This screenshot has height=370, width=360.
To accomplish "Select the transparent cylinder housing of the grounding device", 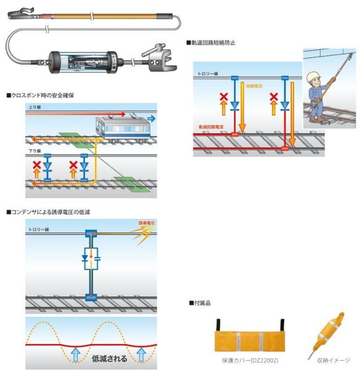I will click(x=88, y=60).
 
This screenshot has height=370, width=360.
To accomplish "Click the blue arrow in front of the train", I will click(x=151, y=117).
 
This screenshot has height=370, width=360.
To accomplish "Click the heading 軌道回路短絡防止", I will click(x=213, y=43).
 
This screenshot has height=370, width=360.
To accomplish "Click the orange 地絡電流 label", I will click(x=254, y=86).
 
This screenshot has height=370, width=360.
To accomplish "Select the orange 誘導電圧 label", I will click(x=146, y=223).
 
